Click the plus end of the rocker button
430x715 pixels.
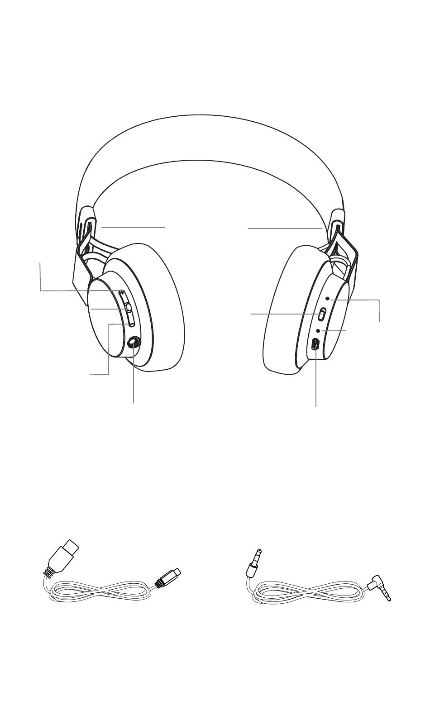122,293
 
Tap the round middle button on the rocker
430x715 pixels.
129,307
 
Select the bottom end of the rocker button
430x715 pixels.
131,322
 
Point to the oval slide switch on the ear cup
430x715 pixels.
323,313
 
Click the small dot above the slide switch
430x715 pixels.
327,299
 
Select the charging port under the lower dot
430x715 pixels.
315,344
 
